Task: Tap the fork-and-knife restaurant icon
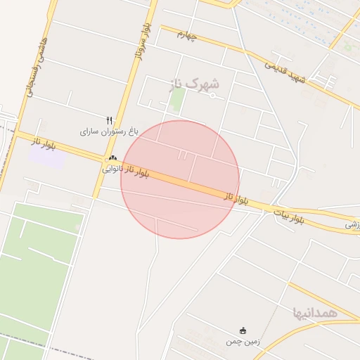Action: [x=109, y=120]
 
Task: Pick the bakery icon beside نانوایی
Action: [x=112, y=159]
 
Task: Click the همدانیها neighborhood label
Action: [x=317, y=311]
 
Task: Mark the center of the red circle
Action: [x=180, y=179]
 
